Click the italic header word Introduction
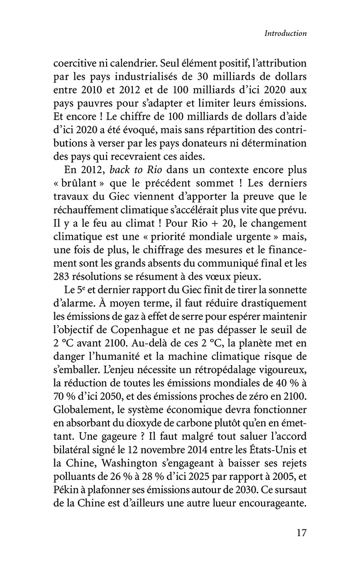pos(285,33)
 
